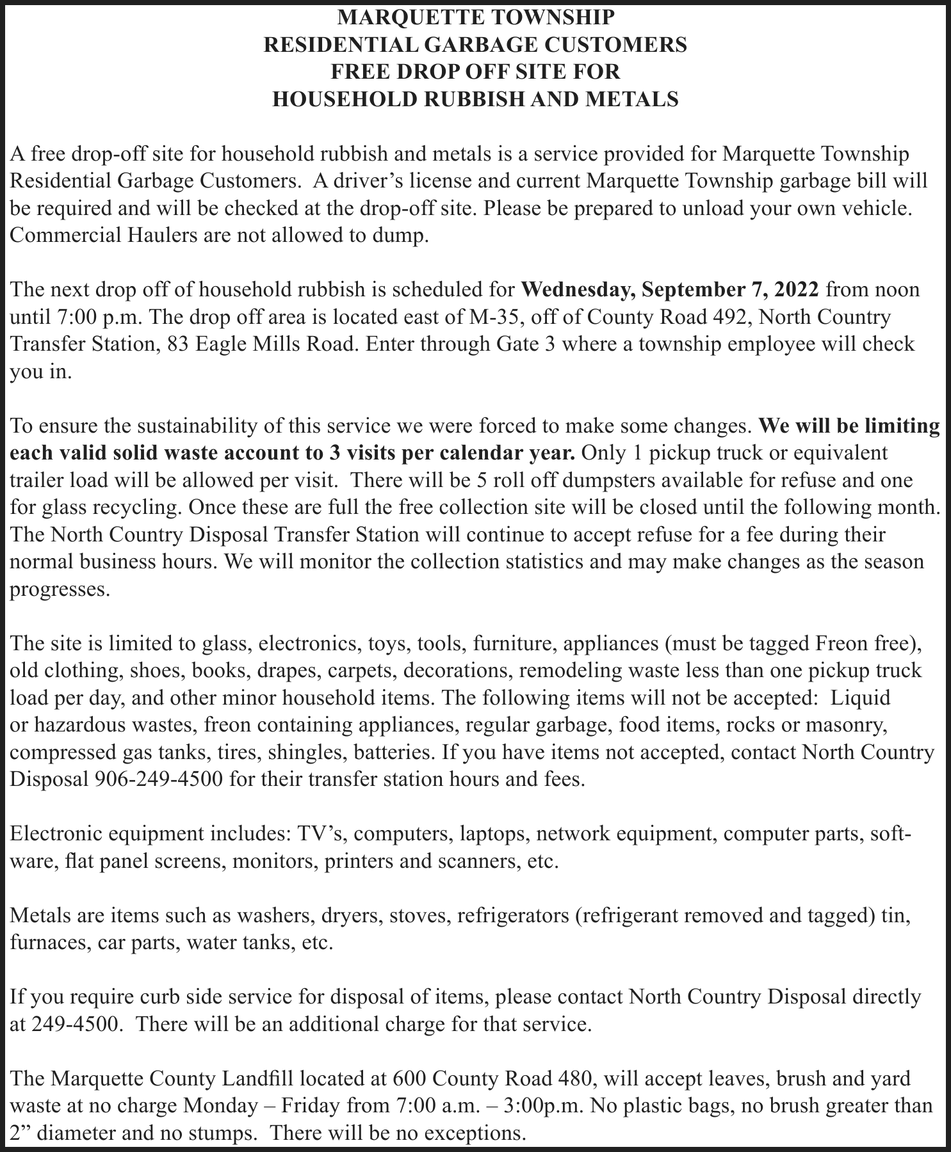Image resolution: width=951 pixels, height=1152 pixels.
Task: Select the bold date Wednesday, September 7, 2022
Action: click(671, 290)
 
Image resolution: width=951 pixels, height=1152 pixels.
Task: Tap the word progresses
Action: click(56, 589)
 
